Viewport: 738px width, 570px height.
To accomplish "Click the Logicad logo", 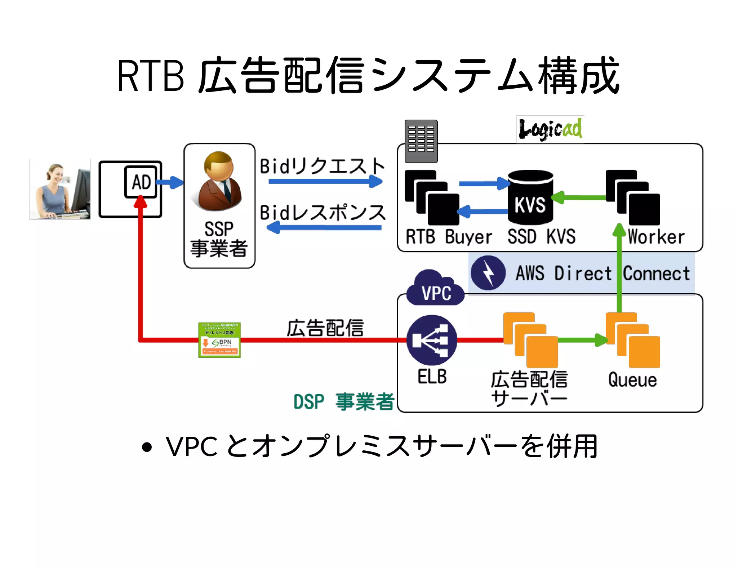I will (x=550, y=129).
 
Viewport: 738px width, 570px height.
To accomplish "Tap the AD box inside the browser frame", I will (x=141, y=182).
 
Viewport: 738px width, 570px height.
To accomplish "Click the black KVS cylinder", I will (x=530, y=197).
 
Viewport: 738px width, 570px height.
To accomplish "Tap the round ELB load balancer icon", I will (x=432, y=340).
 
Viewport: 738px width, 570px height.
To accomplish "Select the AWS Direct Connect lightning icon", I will (x=488, y=273).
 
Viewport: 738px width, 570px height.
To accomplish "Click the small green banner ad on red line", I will (x=219, y=340).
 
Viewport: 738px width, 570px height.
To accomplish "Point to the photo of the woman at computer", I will (x=60, y=189).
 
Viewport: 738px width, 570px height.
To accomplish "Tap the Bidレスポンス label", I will (x=323, y=213).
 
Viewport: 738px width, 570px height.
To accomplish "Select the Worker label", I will (x=656, y=237).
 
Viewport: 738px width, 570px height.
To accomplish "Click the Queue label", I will (x=632, y=380).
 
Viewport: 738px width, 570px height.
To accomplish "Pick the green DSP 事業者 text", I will (x=344, y=402).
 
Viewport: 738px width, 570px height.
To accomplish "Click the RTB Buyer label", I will (x=449, y=237).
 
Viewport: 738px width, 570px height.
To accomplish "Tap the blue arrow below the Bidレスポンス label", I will (x=324, y=228).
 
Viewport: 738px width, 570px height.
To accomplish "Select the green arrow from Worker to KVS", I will (x=579, y=197).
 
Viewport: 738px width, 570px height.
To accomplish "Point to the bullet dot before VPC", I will (x=147, y=447).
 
